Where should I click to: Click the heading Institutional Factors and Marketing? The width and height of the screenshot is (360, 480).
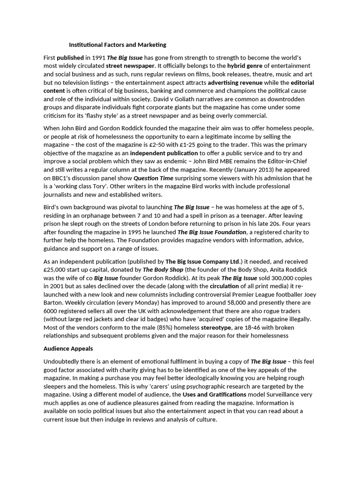[x=118, y=45]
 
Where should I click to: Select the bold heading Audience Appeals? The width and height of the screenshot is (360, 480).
[x=68, y=349]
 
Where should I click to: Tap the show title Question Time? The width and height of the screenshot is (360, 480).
[x=153, y=178]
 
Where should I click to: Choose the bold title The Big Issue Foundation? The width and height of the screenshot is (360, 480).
[x=212, y=232]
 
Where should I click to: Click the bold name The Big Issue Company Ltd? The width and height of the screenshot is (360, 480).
[x=203, y=261]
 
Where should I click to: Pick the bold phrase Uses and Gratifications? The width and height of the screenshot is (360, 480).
[x=215, y=395]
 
